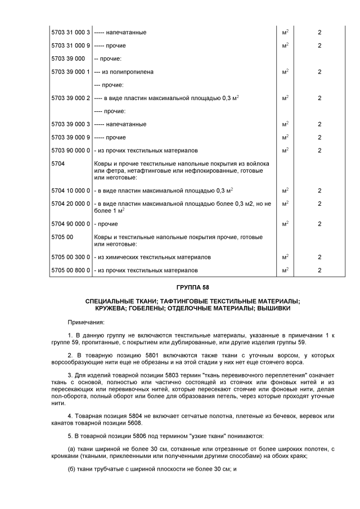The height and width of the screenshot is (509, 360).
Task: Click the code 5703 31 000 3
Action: (70, 33)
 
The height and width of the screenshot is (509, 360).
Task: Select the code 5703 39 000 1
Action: (70, 72)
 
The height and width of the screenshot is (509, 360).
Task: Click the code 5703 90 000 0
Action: (70, 150)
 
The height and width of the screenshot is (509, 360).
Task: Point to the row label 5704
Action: (58, 164)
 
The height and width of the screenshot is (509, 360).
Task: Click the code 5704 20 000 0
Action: (70, 204)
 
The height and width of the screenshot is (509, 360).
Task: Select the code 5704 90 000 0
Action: (70, 224)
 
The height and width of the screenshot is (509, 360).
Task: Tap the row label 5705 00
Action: (62, 237)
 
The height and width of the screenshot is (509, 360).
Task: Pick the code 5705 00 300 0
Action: (70, 257)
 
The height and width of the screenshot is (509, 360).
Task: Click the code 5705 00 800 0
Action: (70, 271)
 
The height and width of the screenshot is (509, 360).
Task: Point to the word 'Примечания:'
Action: (86, 322)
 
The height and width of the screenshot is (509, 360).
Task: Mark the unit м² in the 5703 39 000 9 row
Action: (285, 137)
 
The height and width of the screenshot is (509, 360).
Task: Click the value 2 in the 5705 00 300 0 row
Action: (319, 257)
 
